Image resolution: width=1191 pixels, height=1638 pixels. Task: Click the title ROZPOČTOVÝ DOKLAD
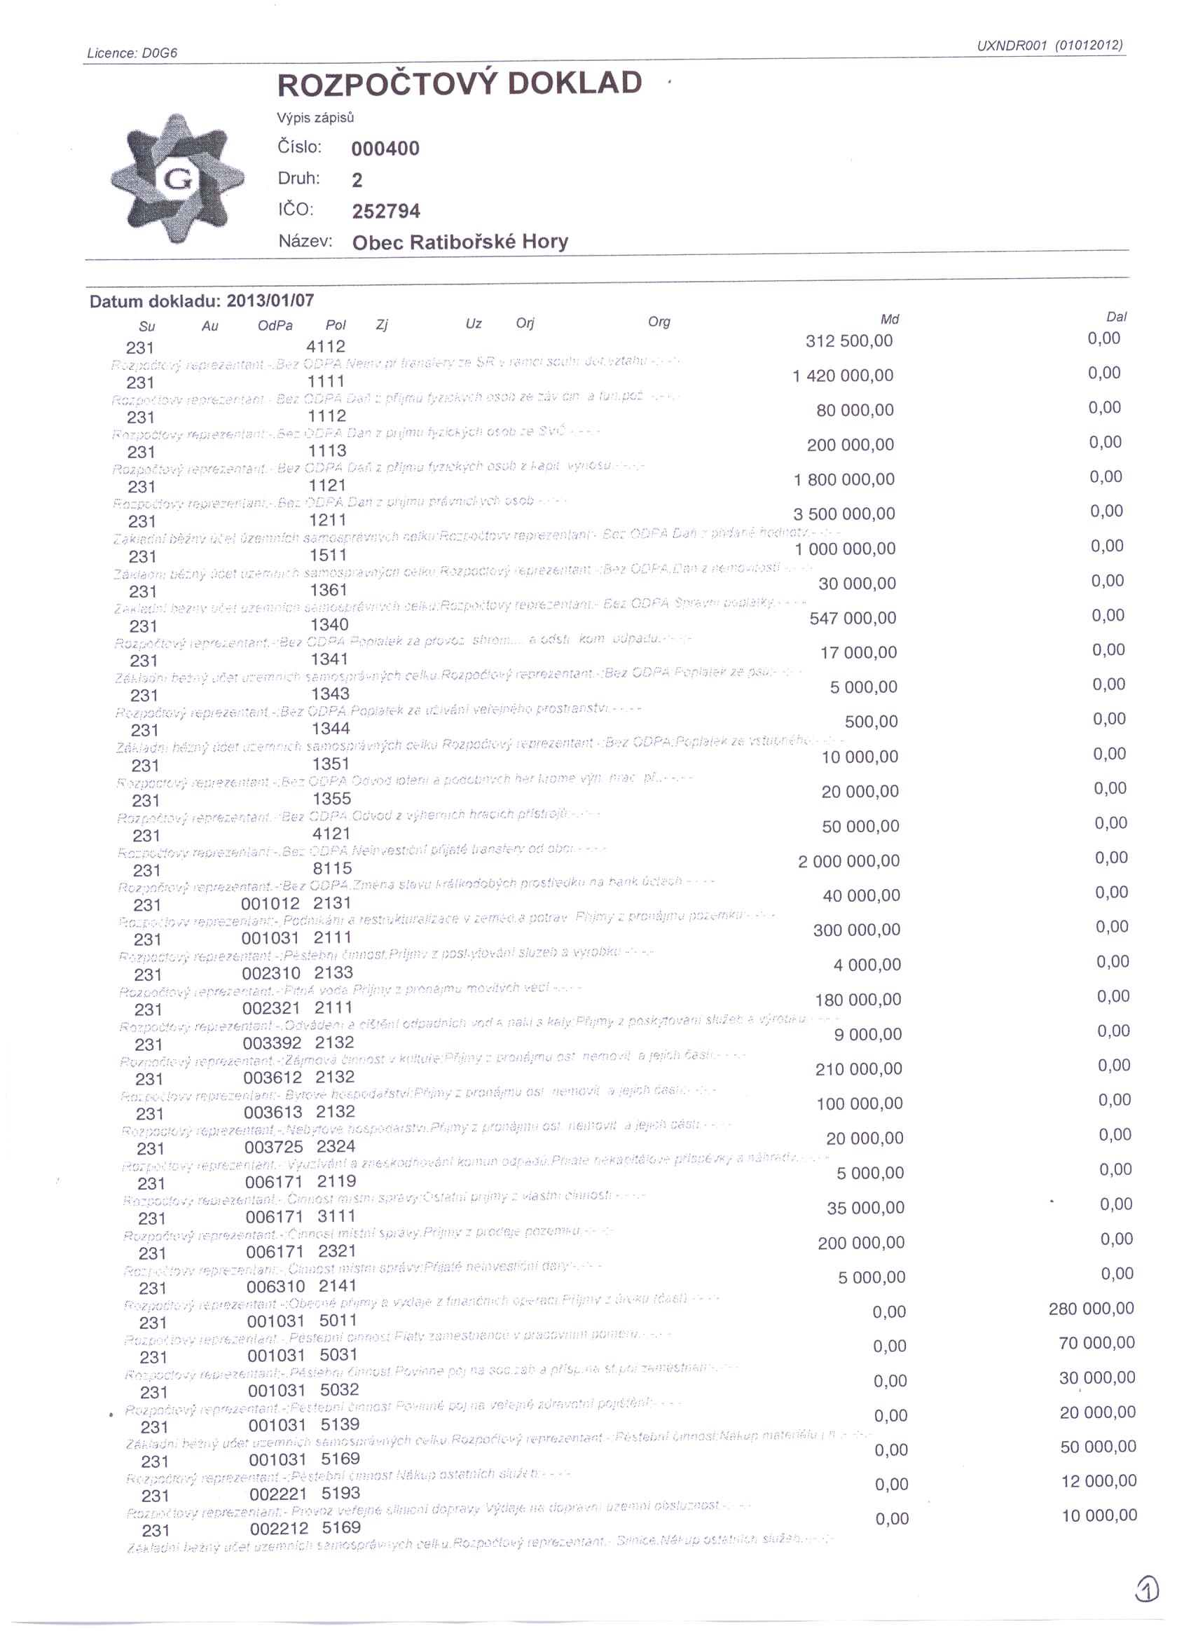pyautogui.click(x=460, y=84)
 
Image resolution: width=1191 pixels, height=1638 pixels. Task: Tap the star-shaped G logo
pyautogui.click(x=177, y=178)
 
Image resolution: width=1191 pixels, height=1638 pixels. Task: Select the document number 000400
pyautogui.click(x=385, y=149)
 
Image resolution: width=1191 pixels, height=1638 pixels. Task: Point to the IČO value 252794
pyautogui.click(x=386, y=211)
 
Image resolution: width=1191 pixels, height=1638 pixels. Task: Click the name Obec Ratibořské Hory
pyautogui.click(x=460, y=242)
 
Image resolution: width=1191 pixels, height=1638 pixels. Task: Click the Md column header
pyautogui.click(x=889, y=319)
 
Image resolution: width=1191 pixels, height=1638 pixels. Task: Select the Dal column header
pyautogui.click(x=1116, y=317)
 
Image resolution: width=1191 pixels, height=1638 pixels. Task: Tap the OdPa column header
pyautogui.click(x=275, y=326)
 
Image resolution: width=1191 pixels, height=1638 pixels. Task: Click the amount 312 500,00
pyautogui.click(x=848, y=341)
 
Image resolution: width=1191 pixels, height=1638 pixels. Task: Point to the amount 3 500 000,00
pyautogui.click(x=844, y=514)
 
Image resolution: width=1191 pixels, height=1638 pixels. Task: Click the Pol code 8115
pyautogui.click(x=332, y=868)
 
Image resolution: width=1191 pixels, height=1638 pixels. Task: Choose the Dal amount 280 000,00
pyautogui.click(x=1091, y=1308)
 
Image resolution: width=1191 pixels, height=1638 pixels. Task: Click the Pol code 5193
pyautogui.click(x=340, y=1493)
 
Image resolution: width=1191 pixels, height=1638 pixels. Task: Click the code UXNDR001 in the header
pyautogui.click(x=1012, y=46)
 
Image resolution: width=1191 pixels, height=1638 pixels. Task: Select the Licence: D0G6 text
pyautogui.click(x=132, y=53)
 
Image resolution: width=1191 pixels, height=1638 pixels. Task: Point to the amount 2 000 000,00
pyautogui.click(x=848, y=861)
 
